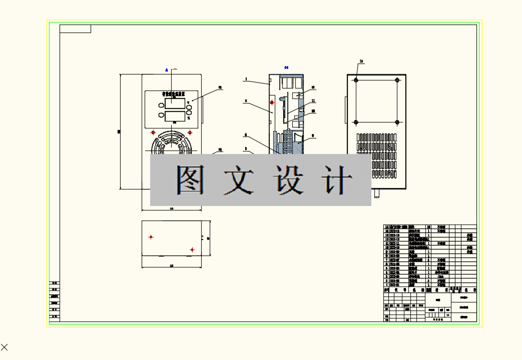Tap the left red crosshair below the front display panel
click(154, 132)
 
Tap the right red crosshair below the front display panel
click(190, 132)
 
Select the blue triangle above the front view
click(167, 70)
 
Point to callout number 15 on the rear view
click(361, 61)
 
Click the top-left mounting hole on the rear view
click(356, 80)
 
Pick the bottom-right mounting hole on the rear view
click(397, 122)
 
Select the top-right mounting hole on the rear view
click(397, 80)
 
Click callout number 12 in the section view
click(313, 87)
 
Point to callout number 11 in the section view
click(313, 100)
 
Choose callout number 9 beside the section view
click(313, 135)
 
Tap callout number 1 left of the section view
click(246, 79)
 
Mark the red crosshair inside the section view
click(272, 102)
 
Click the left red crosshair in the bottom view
click(151, 237)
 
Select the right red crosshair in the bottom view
click(192, 249)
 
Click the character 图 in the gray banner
click(191, 179)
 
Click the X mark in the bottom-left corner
click(5, 347)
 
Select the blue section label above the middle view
click(286, 67)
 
